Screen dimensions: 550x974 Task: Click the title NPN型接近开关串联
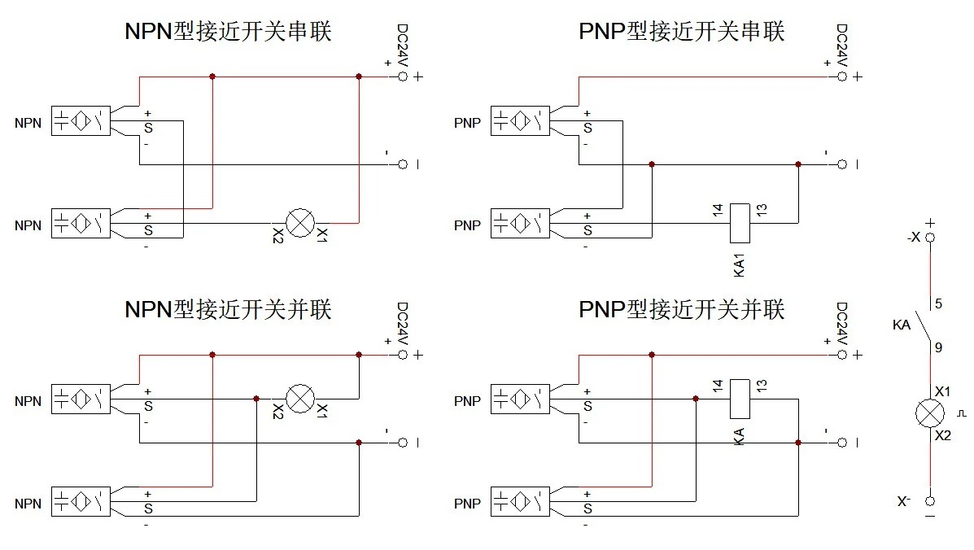(228, 32)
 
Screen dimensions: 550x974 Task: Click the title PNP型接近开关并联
(681, 309)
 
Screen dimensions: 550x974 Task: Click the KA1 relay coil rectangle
(740, 222)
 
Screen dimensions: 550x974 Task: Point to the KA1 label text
(740, 266)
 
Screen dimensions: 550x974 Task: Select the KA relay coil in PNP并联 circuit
(740, 399)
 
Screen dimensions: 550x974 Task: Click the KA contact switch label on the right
(901, 325)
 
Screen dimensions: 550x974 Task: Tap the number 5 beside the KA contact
(938, 304)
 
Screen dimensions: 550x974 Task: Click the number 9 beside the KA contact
(938, 347)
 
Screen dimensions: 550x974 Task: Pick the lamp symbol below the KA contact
(929, 413)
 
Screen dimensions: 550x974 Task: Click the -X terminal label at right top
(913, 238)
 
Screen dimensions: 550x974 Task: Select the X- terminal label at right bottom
(904, 502)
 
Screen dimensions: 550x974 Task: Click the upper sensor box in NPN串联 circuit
(81, 120)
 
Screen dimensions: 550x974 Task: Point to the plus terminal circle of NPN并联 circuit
(402, 355)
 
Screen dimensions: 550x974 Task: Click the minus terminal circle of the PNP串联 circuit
(842, 164)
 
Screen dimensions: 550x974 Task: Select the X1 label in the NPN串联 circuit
(321, 236)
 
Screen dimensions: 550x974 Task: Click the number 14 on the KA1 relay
(717, 210)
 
